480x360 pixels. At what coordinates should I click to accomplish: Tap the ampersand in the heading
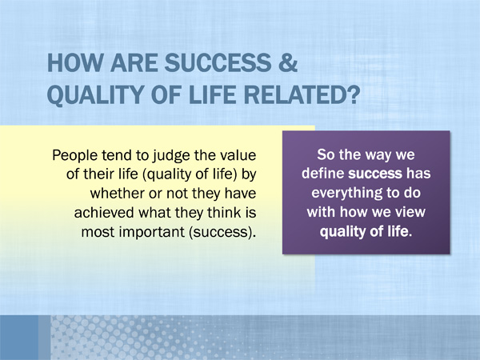click(x=287, y=62)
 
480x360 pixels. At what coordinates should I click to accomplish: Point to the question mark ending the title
click(x=352, y=94)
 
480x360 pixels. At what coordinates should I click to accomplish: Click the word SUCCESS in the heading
click(x=218, y=62)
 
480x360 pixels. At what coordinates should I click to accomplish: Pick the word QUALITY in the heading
click(x=94, y=95)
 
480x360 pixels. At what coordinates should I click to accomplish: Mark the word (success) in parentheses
click(x=221, y=232)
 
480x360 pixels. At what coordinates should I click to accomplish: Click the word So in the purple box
click(x=325, y=154)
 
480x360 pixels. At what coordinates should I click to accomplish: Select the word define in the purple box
click(x=322, y=174)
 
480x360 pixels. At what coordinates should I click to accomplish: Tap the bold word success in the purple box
click(x=375, y=174)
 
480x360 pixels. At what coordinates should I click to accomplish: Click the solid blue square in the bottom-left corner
click(x=19, y=338)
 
